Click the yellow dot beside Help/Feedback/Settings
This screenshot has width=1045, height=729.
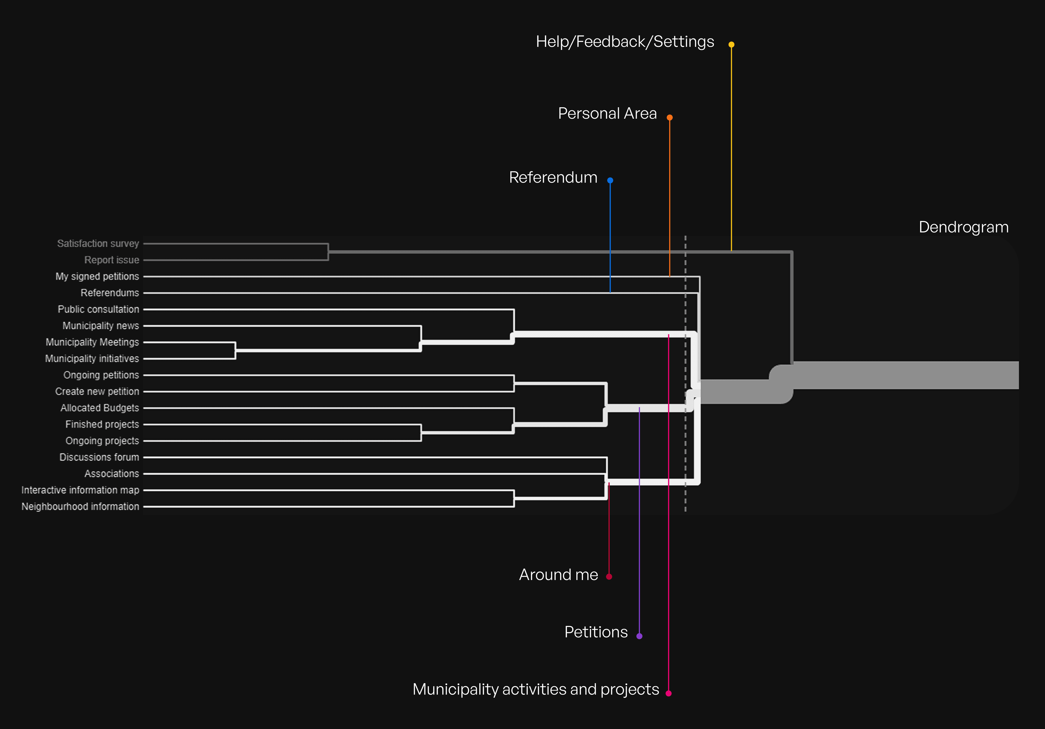coord(731,45)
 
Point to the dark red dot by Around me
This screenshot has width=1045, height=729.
coord(609,577)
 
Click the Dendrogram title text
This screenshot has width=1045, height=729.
coord(964,227)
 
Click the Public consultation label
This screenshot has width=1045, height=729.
coord(98,309)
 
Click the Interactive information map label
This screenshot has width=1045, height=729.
coord(80,490)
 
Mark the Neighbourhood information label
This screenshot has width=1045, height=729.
coord(80,507)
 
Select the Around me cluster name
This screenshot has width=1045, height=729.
coord(559,575)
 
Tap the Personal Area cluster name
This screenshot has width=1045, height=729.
coord(607,113)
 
